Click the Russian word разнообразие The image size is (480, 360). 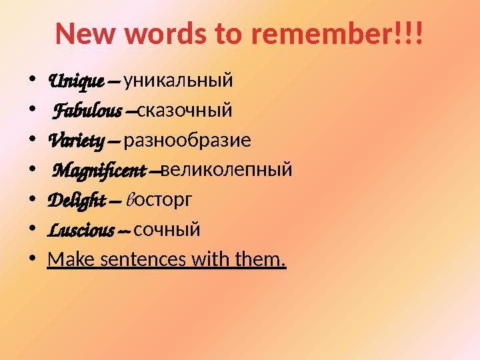(x=187, y=141)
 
